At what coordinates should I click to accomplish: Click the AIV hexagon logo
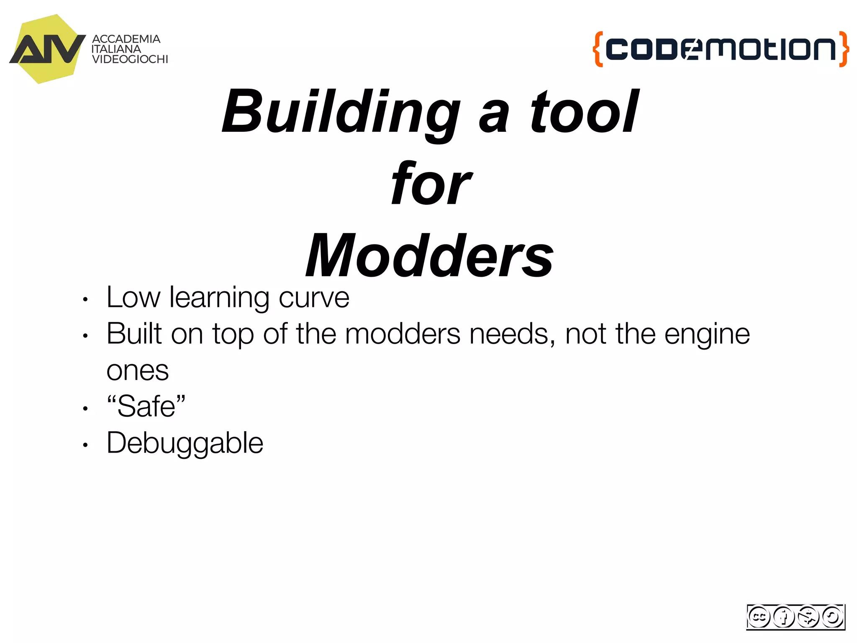click(47, 49)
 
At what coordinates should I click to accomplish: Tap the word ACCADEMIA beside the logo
click(126, 39)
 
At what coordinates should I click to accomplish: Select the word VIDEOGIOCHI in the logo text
click(130, 59)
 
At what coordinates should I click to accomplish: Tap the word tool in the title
click(584, 112)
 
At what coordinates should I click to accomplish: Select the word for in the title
click(431, 184)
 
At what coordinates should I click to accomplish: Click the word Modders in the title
click(429, 256)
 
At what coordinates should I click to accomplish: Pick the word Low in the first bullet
click(133, 298)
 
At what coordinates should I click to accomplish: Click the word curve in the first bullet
click(314, 298)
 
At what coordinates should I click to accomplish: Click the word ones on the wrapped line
click(137, 371)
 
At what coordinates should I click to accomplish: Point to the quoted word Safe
click(146, 406)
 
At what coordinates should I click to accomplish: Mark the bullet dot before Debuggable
click(85, 445)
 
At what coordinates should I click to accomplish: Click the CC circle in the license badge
click(759, 617)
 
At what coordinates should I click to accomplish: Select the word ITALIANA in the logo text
click(116, 49)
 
